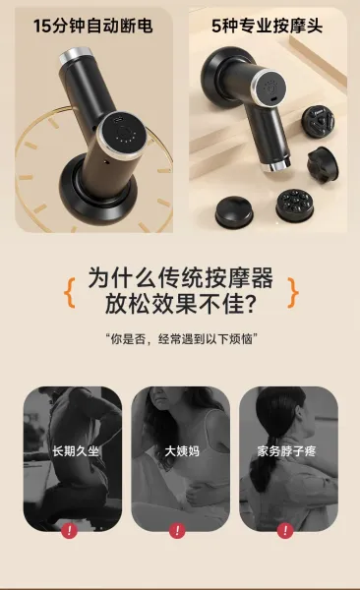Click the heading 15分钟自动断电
[x=92, y=26]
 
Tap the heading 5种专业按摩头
[x=267, y=26]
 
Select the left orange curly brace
[x=70, y=293]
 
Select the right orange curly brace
[x=292, y=293]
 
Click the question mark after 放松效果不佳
[x=248, y=304]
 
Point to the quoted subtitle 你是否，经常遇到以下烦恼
[x=181, y=339]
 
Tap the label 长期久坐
[x=76, y=450]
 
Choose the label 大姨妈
[x=182, y=450]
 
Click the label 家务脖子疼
[x=286, y=450]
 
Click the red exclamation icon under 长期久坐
[x=69, y=531]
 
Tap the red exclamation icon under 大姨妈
[x=177, y=531]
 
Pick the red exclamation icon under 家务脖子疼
[x=285, y=531]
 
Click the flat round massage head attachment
[x=234, y=211]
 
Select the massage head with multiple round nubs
[x=294, y=206]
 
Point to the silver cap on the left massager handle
[x=76, y=54]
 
